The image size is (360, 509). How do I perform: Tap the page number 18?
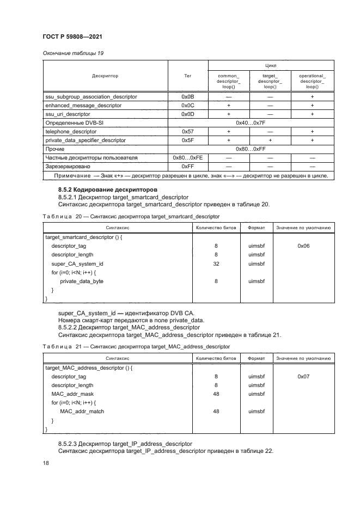[x=46, y=463]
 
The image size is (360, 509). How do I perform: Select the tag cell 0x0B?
[x=187, y=96]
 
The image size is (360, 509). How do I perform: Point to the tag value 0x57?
[x=187, y=132]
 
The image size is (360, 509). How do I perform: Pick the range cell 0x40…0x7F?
[x=250, y=123]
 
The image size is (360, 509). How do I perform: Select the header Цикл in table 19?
[x=270, y=65]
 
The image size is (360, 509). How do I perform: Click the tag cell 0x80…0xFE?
[x=187, y=158]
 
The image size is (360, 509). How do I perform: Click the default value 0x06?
[x=303, y=246]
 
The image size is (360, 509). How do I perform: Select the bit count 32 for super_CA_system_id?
[x=216, y=263]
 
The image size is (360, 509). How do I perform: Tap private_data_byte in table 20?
[x=82, y=281]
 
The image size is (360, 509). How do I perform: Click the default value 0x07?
[x=303, y=376]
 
